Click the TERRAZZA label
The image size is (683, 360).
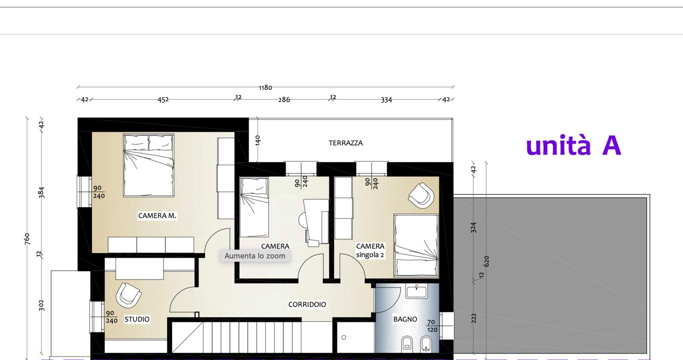346,143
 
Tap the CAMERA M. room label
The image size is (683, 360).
157,216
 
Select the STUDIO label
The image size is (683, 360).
137,319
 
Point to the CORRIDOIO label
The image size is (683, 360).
307,304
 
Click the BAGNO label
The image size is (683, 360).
405,319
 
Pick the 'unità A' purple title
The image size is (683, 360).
574,145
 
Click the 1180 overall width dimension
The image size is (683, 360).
265,88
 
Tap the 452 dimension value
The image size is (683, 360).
163,100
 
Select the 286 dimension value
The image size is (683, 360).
284,100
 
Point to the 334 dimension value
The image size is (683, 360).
386,100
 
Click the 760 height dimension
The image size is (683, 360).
27,239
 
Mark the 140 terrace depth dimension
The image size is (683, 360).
258,140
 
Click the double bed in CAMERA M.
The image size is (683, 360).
149,165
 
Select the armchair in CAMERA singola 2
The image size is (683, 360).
421,196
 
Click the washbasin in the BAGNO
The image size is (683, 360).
417,291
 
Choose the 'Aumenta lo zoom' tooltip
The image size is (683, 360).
255,256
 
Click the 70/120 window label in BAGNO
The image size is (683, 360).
432,326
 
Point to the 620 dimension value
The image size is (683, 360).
486,261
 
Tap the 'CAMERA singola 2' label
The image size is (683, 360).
370,251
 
